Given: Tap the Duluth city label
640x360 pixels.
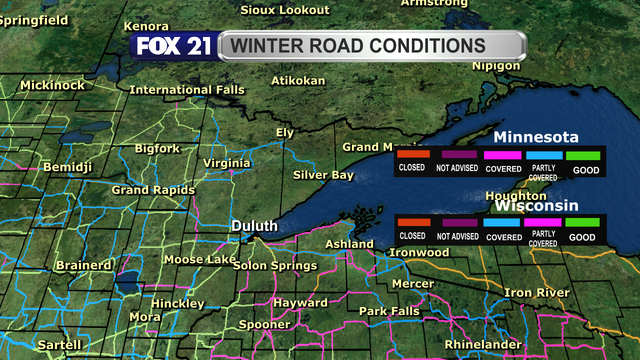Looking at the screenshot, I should (x=254, y=226).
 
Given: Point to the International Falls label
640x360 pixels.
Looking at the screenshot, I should (x=187, y=90).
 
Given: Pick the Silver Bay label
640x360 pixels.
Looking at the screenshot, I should (x=323, y=175).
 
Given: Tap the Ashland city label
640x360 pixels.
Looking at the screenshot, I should (x=349, y=244).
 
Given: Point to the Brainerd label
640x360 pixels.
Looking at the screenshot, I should (x=84, y=265).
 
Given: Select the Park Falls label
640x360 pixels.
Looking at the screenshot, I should (x=389, y=311).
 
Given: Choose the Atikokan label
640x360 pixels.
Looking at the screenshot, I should (x=299, y=80).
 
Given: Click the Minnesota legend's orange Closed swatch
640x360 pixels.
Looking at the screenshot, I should (x=412, y=155).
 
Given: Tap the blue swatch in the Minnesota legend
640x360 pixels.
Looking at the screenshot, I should (x=541, y=155).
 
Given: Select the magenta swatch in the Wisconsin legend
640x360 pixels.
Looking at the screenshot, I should (x=541, y=221).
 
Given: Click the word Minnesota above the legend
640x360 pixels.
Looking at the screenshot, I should (x=536, y=137).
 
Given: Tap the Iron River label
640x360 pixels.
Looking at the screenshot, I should (x=536, y=292).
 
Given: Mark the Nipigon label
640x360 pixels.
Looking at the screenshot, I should (x=495, y=65).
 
